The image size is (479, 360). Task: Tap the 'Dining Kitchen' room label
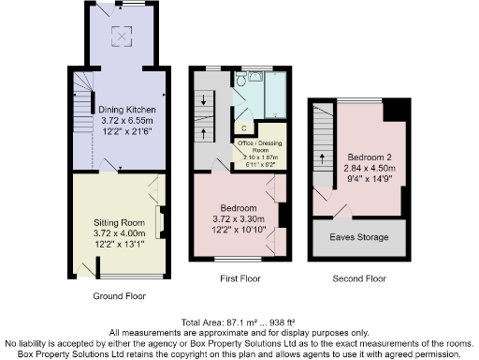pos(130,110)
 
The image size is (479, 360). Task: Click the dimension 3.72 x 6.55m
pos(130,121)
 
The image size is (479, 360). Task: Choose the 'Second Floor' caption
pos(359,279)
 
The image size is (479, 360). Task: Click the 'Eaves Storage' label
pos(359,238)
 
